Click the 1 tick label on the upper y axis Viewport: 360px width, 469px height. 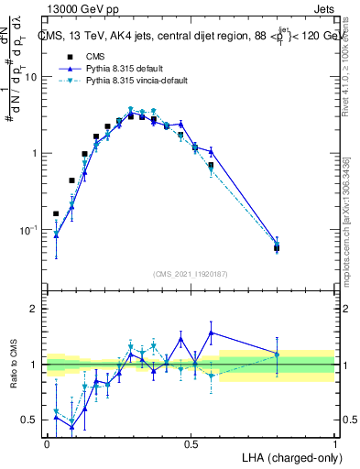coord(37,153)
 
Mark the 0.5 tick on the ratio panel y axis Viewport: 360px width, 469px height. coord(32,420)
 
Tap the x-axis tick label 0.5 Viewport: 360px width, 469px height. coord(191,443)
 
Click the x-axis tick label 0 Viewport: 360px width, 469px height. coord(47,443)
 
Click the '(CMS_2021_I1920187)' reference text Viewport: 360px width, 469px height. coord(191,273)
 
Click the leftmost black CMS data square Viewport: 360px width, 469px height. coord(56,213)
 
